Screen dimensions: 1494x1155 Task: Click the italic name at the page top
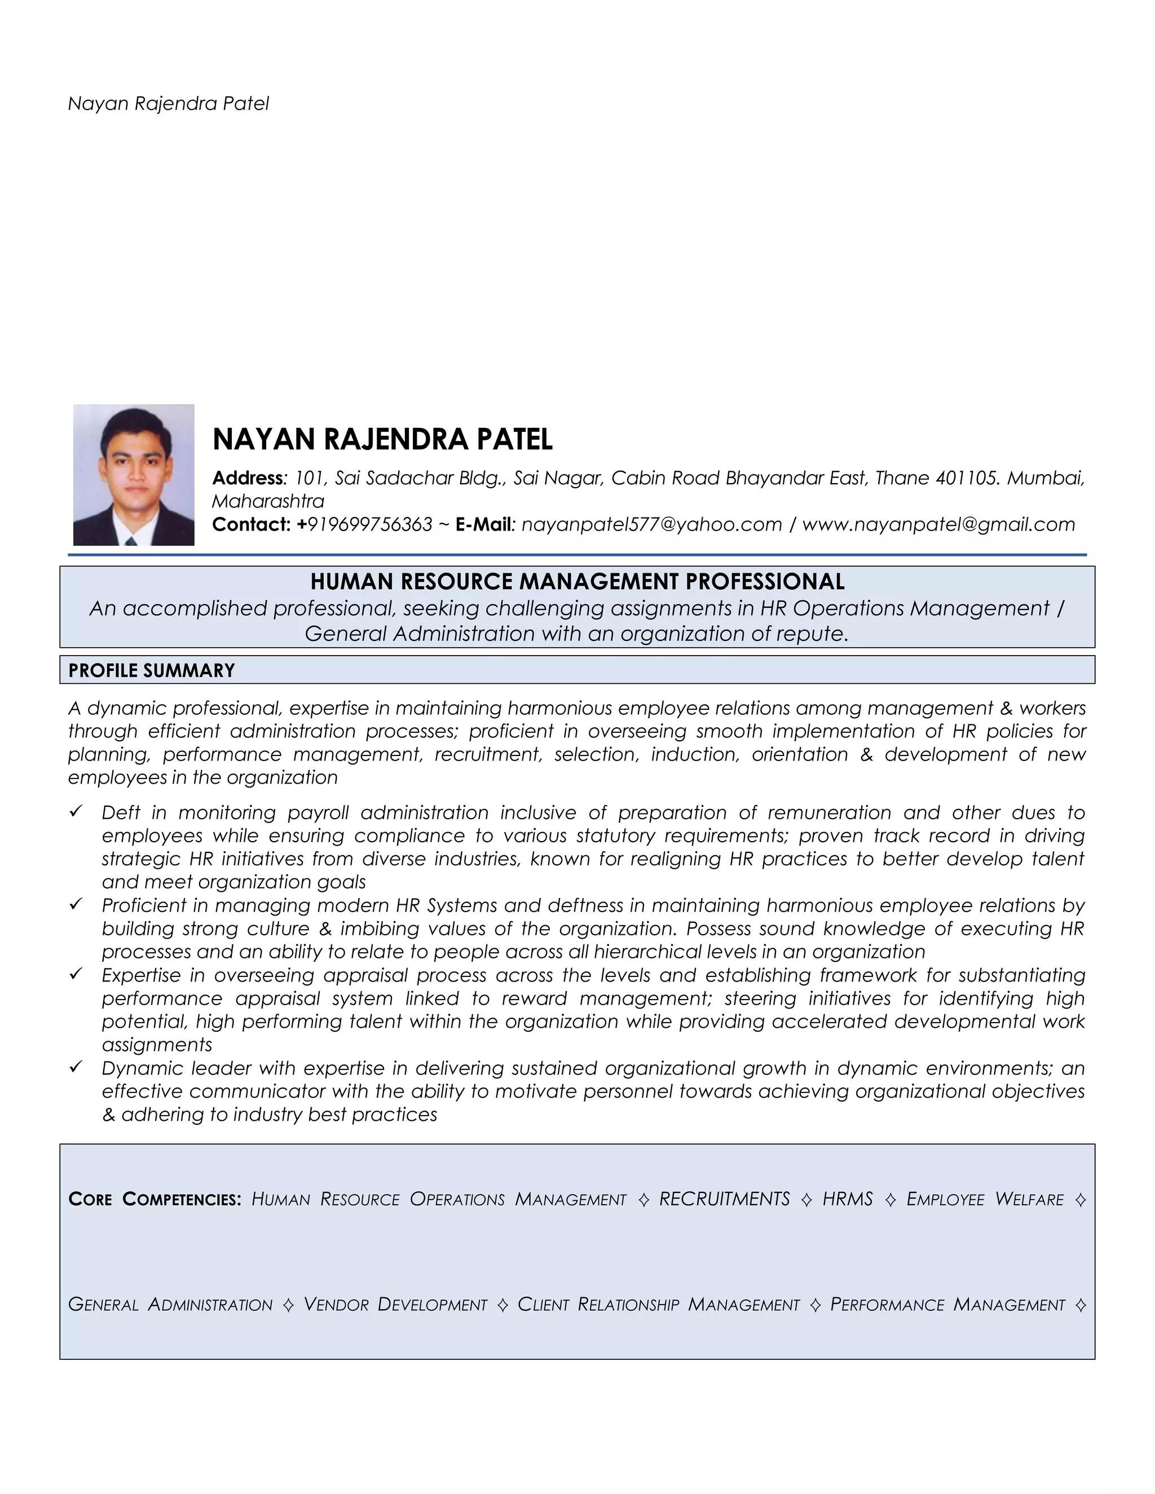[x=168, y=104]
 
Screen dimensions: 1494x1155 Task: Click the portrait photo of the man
[x=134, y=474]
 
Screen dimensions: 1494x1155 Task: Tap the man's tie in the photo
[x=131, y=541]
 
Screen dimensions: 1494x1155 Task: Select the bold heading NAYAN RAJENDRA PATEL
[x=382, y=439]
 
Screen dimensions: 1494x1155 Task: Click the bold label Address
[x=247, y=478]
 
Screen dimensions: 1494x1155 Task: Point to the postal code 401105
[x=964, y=478]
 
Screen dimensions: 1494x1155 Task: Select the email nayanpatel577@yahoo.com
[x=651, y=525]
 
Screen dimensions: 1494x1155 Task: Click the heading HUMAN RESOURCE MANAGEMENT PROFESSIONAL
[x=577, y=581]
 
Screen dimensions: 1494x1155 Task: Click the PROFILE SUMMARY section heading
[x=151, y=670]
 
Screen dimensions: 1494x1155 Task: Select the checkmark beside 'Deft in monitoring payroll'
[x=76, y=812]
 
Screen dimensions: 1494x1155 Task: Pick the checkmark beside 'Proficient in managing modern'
[x=76, y=905]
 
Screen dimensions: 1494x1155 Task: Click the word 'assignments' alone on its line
[x=157, y=1045]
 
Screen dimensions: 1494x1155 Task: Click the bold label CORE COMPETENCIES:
[x=155, y=1199]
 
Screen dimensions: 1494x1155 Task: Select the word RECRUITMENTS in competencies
[x=724, y=1199]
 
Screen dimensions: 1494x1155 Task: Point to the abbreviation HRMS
[x=847, y=1199]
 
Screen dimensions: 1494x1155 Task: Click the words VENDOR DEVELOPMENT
[x=395, y=1305]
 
